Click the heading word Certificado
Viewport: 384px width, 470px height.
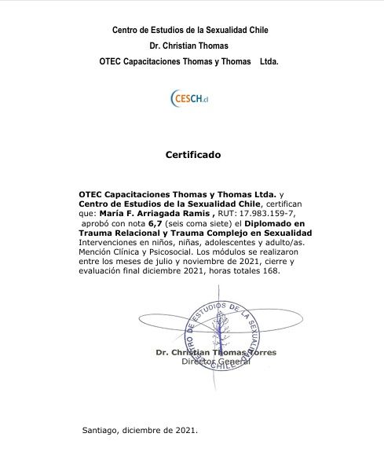(193, 155)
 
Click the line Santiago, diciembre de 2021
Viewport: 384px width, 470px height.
(140, 431)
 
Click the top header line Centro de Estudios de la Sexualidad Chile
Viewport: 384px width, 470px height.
(191, 30)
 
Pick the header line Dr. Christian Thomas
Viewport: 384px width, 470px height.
(191, 45)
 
